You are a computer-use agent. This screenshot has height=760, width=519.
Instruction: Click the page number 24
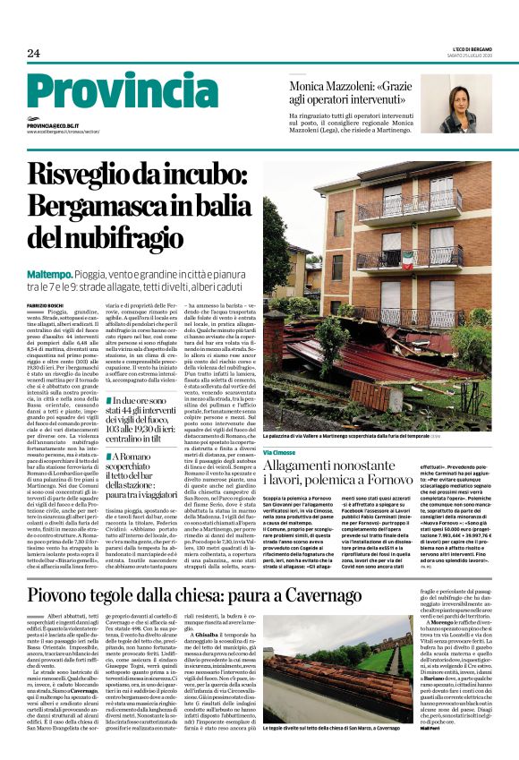coord(33,54)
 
